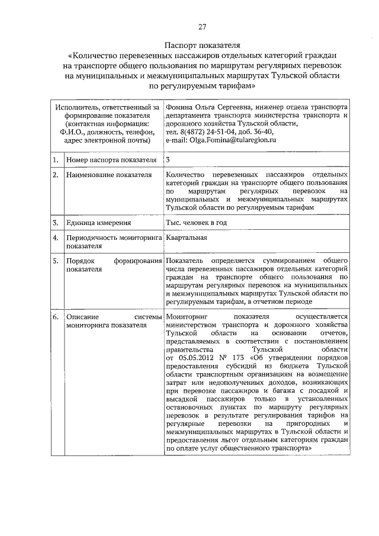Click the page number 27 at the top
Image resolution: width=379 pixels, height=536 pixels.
click(202, 27)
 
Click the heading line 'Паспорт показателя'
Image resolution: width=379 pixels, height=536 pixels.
click(202, 46)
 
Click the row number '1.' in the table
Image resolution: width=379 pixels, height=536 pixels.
click(54, 161)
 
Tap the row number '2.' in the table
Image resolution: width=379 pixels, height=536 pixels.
click(54, 176)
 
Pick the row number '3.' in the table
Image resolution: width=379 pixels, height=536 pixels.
click(54, 223)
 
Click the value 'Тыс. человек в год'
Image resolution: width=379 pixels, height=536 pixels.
click(197, 223)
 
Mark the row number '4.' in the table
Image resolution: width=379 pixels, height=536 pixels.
click(54, 238)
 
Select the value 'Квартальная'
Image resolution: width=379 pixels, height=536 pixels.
click(187, 237)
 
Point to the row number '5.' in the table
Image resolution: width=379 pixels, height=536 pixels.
click(54, 261)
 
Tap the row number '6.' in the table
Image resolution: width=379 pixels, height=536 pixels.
click(54, 317)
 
